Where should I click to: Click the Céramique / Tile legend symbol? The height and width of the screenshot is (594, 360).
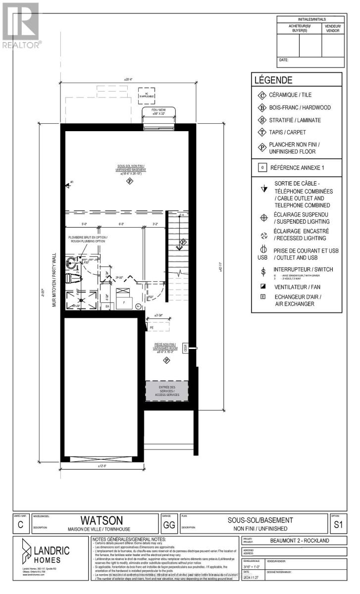click(262, 95)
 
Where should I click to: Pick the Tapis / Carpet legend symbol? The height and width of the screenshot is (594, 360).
click(262, 132)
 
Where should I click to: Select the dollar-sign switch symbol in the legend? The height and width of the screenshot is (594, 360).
click(263, 271)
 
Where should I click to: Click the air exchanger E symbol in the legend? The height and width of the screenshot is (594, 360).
click(262, 297)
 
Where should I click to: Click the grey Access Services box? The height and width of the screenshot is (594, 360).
click(166, 390)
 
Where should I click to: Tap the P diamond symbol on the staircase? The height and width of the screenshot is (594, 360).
click(183, 242)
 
